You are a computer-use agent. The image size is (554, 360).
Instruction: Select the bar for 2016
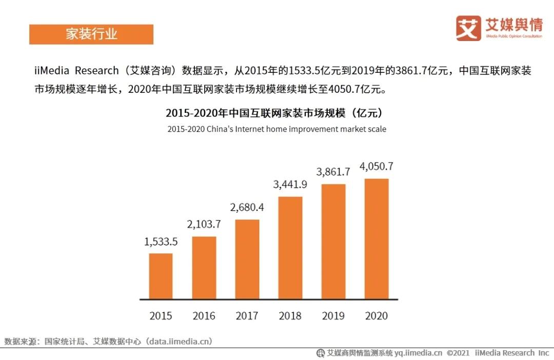[x=204, y=268]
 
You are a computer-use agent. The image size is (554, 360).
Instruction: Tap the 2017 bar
[x=247, y=259]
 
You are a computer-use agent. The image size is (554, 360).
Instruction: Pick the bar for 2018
[x=290, y=248]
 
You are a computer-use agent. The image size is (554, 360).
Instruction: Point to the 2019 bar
[x=333, y=241]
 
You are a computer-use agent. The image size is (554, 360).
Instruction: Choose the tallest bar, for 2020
[x=377, y=238]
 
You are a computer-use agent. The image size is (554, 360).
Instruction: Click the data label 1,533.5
[x=161, y=242]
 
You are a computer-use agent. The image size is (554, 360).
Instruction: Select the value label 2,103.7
[x=204, y=224]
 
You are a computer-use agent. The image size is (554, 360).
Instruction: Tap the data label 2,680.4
[x=247, y=207]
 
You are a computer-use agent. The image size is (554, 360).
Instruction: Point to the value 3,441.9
[x=290, y=185]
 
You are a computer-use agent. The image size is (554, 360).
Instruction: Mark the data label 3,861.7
[x=333, y=172]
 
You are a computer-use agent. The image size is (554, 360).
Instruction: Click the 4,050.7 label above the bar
[x=377, y=166]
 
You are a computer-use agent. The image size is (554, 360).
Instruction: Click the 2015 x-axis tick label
[x=161, y=316]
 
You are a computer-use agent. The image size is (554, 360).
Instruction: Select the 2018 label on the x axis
[x=290, y=316]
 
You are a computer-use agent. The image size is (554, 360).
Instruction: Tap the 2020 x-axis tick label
[x=377, y=316]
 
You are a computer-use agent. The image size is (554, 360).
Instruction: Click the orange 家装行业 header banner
[x=91, y=34]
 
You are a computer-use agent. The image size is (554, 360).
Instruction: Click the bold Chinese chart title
[x=276, y=112]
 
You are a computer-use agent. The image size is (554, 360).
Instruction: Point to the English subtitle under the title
[x=276, y=129]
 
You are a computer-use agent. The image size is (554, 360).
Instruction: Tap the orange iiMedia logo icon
[x=468, y=28]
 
